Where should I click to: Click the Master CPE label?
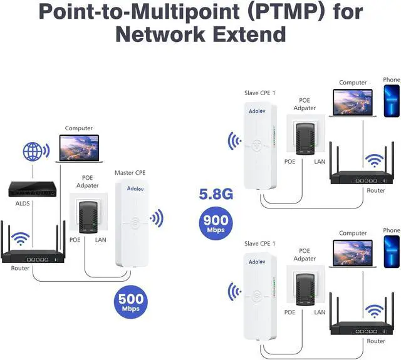[130, 172]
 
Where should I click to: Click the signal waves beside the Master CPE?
[156, 219]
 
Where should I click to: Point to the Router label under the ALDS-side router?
[20, 268]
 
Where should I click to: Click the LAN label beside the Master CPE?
[101, 240]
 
